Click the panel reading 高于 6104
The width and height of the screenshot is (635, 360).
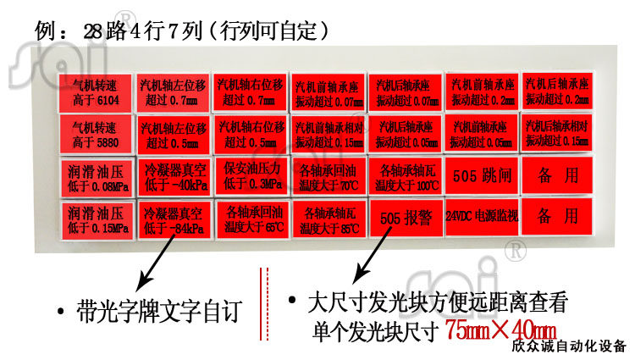point(95,91)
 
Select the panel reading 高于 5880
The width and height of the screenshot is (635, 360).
point(95,134)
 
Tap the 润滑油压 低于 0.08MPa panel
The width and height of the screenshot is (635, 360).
point(96,176)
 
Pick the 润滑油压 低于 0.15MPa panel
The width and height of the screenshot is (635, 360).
point(95,218)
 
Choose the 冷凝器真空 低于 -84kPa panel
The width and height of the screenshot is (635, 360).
point(174,219)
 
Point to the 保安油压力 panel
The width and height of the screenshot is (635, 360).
point(250,176)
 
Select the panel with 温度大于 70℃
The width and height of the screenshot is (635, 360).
point(327,176)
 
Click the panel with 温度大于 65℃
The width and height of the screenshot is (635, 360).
point(250,219)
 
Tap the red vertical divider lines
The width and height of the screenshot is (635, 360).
point(263,305)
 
